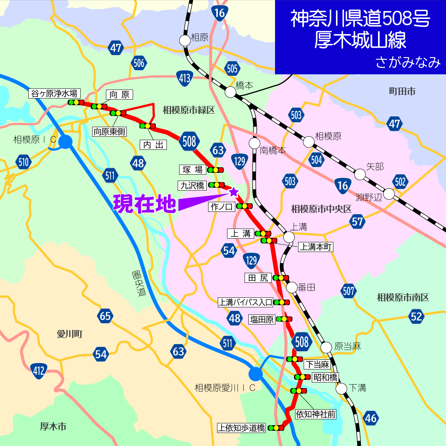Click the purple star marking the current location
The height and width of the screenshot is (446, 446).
[233, 192]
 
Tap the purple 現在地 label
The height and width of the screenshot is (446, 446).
[145, 203]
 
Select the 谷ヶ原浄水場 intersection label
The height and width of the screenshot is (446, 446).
[54, 94]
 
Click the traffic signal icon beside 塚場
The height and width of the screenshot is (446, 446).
[216, 170]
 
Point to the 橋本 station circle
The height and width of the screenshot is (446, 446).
[230, 92]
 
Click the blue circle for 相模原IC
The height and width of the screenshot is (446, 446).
[65, 142]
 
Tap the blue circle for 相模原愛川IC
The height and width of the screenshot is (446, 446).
[256, 374]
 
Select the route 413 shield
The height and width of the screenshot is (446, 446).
[185, 78]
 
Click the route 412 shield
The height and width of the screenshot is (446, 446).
[39, 371]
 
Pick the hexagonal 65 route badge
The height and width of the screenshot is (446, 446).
[105, 316]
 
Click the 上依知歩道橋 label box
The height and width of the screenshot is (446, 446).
[242, 428]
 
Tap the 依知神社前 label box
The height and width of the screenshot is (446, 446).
[316, 414]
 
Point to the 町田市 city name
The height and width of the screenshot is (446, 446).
[402, 91]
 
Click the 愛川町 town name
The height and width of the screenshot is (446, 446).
[70, 334]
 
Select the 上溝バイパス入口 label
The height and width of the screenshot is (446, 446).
[245, 302]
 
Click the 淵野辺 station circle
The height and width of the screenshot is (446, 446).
[389, 194]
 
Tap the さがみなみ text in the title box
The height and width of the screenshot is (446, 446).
[408, 62]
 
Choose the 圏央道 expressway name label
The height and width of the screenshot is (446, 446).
[139, 283]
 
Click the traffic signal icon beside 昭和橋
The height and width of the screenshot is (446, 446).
[302, 377]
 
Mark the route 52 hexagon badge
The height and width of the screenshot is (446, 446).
[416, 316]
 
